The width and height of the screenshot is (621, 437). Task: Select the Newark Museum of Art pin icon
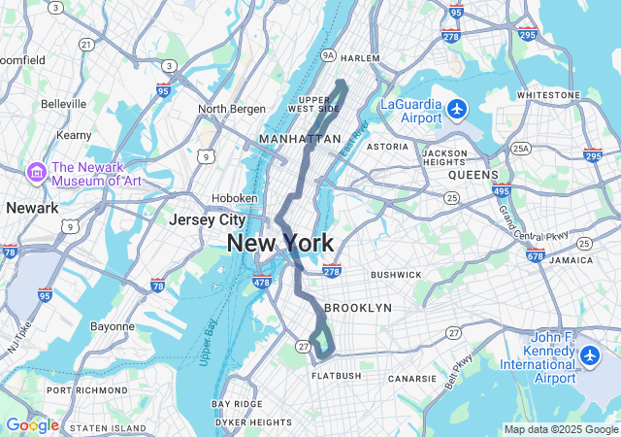[x=37, y=172]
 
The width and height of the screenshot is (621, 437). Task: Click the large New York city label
[x=280, y=244]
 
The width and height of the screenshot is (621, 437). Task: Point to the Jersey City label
[x=207, y=219]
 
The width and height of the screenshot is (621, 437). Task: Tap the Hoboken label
[x=236, y=197]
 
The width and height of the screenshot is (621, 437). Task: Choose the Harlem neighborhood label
[x=360, y=58]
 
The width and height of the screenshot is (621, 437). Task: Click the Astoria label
[x=387, y=147]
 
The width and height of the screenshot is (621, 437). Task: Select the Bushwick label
[x=396, y=275]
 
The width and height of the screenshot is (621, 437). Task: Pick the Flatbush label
[x=336, y=376]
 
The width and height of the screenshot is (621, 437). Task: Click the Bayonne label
[x=113, y=326]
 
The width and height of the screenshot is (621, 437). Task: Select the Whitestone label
[x=548, y=95]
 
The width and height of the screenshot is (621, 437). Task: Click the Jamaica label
[x=570, y=260]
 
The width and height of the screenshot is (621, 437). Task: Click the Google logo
[x=32, y=425]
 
